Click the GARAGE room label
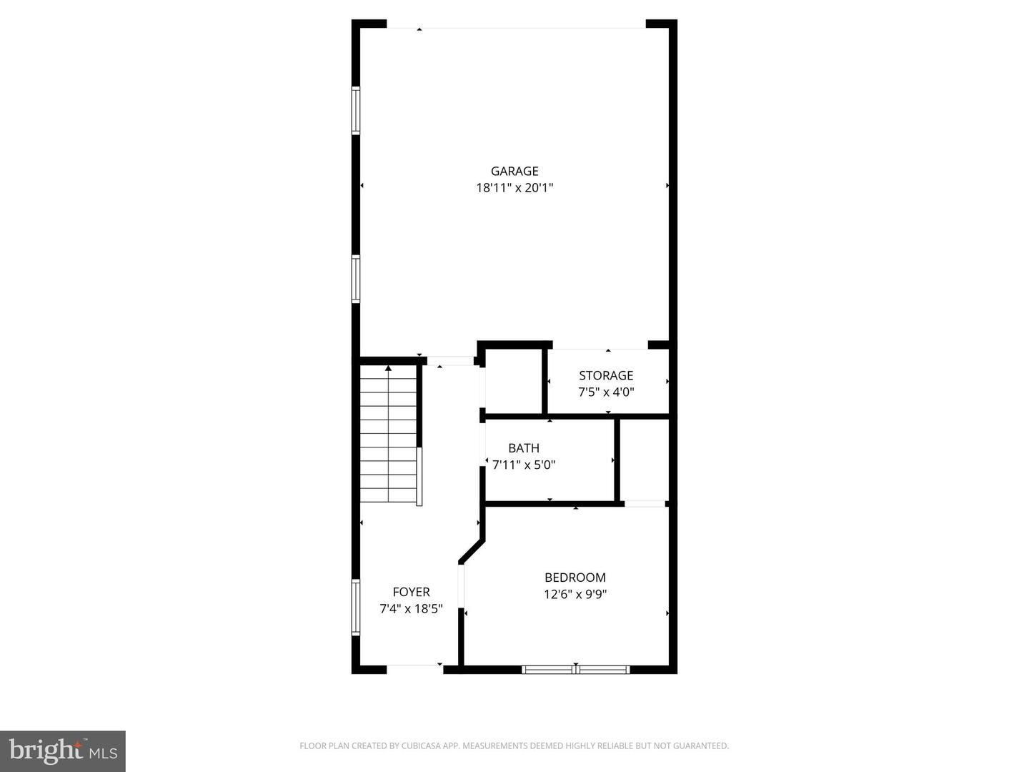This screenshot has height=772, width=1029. [514, 171]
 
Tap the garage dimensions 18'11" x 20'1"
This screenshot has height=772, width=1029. [514, 188]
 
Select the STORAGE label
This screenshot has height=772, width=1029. [606, 375]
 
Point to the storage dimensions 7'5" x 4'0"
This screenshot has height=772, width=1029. [606, 392]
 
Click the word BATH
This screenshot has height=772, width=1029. [524, 448]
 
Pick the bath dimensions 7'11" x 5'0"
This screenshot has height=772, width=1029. [524, 465]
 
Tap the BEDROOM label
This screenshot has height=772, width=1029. [575, 578]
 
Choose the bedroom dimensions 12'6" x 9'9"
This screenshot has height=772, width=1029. [575, 594]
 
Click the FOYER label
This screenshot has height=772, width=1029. [411, 592]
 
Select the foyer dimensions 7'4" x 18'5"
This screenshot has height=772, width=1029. [411, 609]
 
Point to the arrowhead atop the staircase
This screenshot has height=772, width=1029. [388, 368]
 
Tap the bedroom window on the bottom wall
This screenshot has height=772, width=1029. [575, 670]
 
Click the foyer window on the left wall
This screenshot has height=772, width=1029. [356, 608]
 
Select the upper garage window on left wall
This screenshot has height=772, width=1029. [356, 111]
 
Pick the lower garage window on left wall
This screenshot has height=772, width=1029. [356, 279]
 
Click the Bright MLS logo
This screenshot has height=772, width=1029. [63, 751]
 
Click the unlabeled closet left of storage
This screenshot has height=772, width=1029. [514, 381]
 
